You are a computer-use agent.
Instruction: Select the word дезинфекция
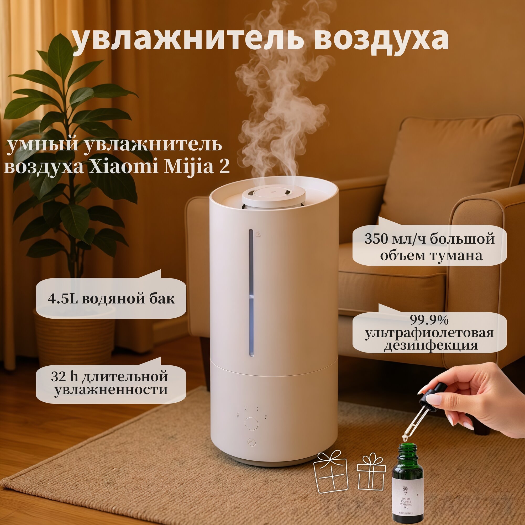(x=431, y=345)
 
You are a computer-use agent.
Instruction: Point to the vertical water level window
(x=251, y=292)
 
